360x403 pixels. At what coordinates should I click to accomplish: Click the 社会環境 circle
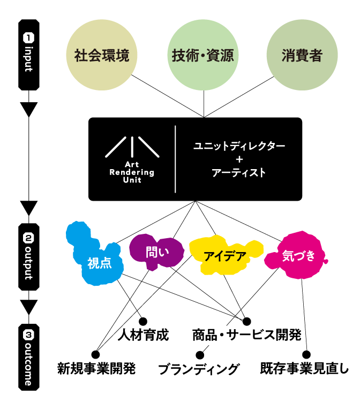click(102, 56)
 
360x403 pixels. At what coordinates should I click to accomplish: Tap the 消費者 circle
click(302, 56)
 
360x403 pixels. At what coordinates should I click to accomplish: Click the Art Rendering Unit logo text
click(132, 172)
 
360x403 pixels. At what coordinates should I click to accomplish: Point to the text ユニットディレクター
click(239, 146)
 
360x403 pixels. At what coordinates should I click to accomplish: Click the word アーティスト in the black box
click(239, 173)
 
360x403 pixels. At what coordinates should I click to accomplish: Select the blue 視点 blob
click(99, 263)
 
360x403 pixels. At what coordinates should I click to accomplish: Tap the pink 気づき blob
click(298, 256)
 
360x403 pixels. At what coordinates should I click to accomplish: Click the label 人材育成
click(143, 336)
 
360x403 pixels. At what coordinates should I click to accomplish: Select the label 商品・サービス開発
click(246, 336)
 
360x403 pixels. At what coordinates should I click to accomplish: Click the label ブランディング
click(199, 369)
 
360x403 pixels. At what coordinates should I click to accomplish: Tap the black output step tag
click(29, 256)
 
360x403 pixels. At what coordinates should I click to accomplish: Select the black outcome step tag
click(29, 356)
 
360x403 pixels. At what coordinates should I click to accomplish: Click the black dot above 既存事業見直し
click(306, 354)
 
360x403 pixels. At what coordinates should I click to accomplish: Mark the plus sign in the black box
click(239, 159)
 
